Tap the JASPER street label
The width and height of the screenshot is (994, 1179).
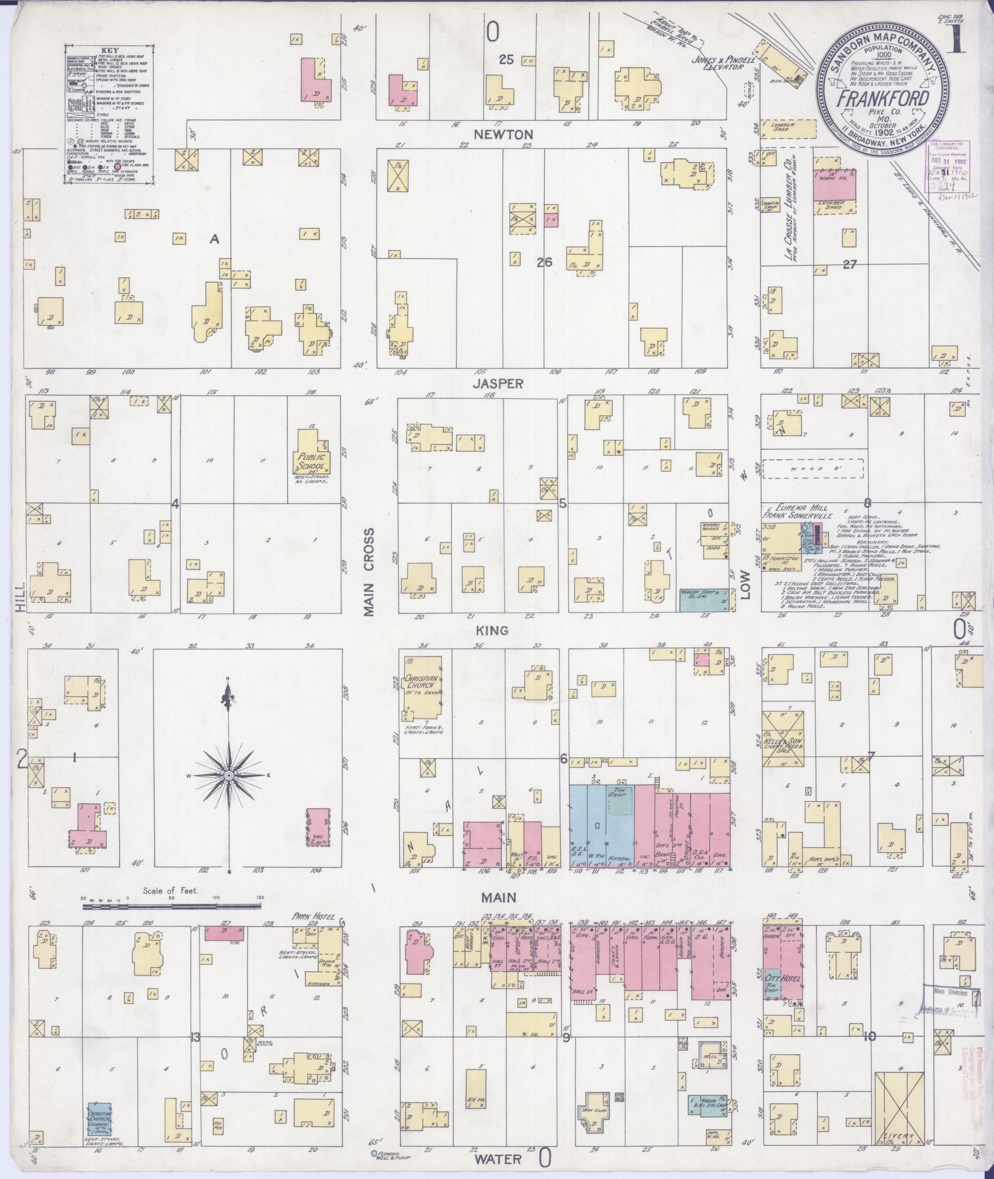click(507, 383)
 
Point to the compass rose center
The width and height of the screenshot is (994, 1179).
click(229, 775)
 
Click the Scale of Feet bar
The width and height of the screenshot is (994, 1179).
click(171, 907)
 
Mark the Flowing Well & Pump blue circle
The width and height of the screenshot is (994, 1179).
click(373, 1152)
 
